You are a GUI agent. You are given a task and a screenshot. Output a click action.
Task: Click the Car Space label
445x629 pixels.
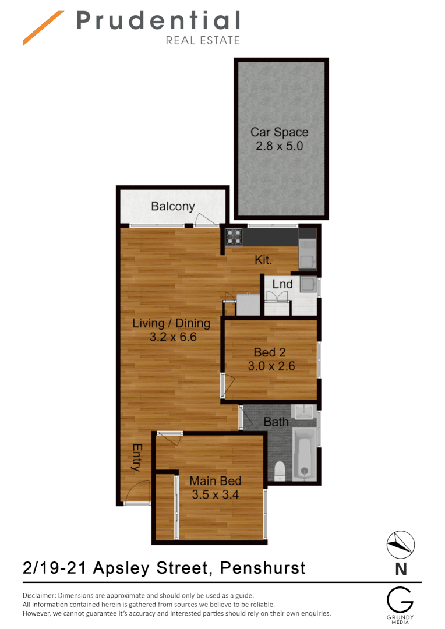pos(279,132)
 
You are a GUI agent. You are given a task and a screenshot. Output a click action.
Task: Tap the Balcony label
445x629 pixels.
pos(172,206)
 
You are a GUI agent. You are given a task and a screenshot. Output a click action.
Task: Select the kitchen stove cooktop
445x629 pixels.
pos(234,236)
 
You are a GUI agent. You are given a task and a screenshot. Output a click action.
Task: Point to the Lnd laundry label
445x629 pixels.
pos(282,285)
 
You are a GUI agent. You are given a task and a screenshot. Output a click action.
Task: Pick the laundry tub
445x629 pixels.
pos(307,285)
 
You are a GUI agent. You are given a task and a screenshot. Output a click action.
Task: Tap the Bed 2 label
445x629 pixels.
pos(269,352)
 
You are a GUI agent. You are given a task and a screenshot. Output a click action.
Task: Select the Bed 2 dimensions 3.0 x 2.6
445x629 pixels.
pos(271,366)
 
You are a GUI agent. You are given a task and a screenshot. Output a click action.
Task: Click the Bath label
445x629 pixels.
pos(276,422)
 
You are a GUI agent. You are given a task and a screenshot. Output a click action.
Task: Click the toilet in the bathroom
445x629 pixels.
pos(280,470)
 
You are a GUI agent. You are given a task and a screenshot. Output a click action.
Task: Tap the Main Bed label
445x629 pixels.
pos(216,481)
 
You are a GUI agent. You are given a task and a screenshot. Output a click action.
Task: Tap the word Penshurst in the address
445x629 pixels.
pos(263,567)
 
